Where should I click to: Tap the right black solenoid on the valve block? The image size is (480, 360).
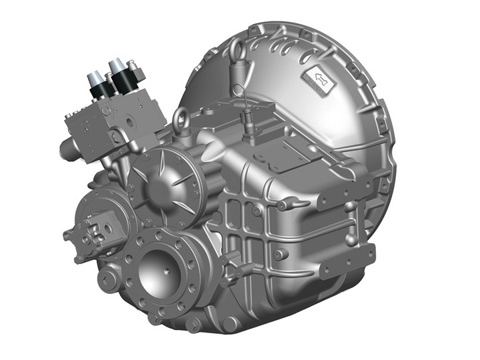pos(120,78)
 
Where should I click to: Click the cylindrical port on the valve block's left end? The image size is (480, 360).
pos(67,149)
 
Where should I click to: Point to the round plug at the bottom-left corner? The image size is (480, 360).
pos(107,279)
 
